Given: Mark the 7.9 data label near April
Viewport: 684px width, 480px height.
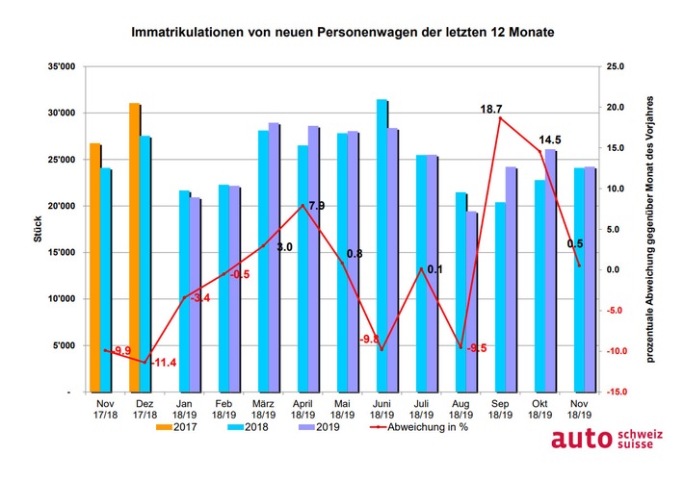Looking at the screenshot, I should (x=316, y=205).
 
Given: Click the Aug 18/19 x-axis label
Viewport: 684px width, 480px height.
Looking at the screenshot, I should (x=465, y=408).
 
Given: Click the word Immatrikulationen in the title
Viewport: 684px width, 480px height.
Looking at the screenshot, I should (x=190, y=32).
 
